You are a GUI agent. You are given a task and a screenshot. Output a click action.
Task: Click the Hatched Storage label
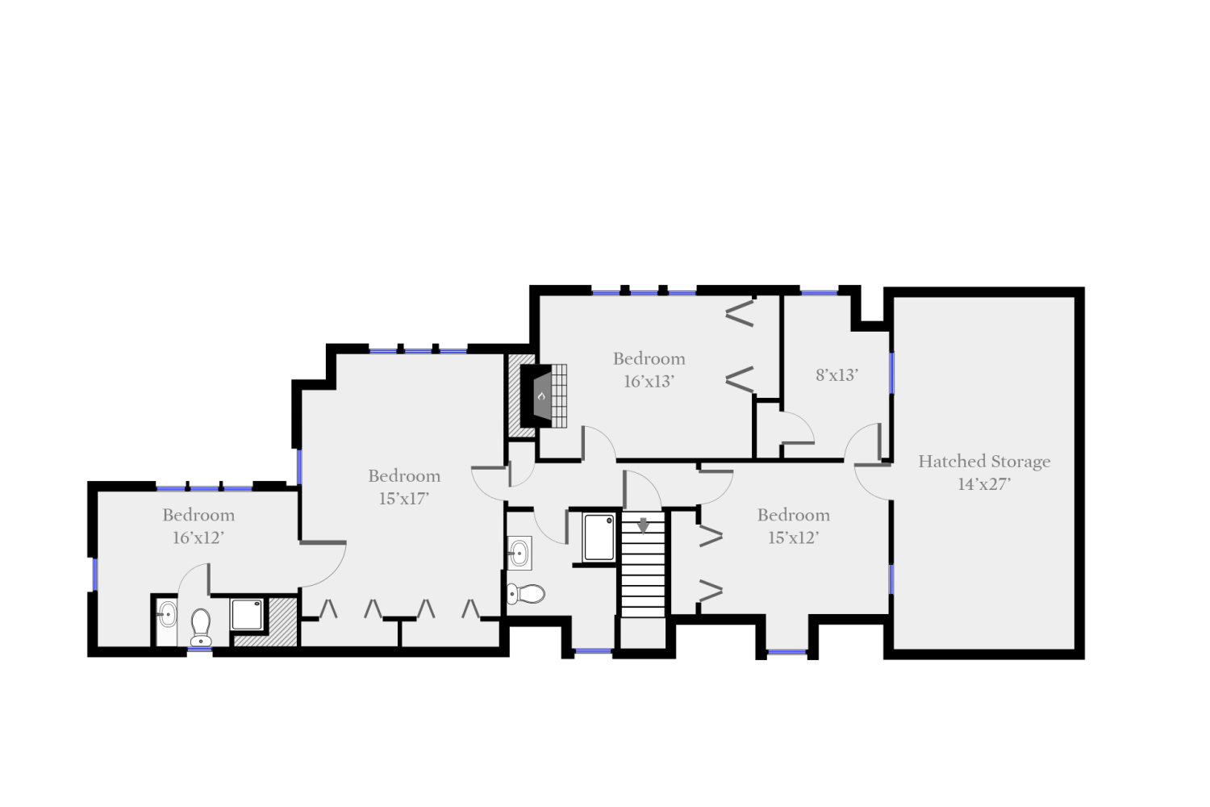tap(984, 462)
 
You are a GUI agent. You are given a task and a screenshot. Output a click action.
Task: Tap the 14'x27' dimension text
tap(984, 484)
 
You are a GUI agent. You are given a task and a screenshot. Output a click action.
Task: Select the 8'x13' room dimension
tap(837, 375)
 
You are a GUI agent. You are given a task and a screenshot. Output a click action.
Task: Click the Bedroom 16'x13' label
tap(649, 359)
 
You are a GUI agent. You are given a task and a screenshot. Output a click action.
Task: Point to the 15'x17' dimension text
tap(403, 499)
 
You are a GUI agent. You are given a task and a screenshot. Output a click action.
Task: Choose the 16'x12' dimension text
tap(198, 537)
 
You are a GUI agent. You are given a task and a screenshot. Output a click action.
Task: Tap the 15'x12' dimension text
tap(793, 537)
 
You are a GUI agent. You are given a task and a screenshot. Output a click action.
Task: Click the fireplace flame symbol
tap(542, 396)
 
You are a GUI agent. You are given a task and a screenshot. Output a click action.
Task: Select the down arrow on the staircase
tap(643, 525)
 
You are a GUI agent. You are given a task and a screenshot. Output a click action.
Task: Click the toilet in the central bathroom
tap(526, 595)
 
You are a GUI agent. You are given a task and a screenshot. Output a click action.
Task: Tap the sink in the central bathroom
tap(519, 553)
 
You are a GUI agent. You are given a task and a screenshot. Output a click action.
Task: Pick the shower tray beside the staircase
tap(599, 537)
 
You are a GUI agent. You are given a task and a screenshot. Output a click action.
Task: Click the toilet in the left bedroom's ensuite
tap(200, 626)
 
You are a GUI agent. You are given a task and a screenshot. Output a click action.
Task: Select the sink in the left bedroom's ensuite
tap(167, 615)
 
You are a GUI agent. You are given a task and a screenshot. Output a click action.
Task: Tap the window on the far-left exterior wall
tap(94, 574)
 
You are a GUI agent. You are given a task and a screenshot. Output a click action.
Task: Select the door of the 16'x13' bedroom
tap(598, 444)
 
